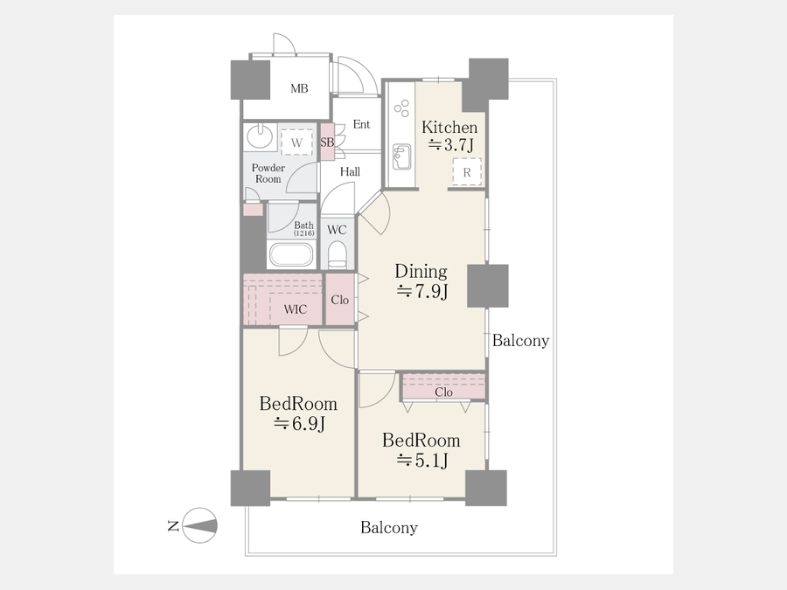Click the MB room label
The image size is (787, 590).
click(x=299, y=89)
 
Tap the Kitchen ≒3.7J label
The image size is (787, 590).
click(x=449, y=136)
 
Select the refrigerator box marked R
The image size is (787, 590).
click(x=467, y=172)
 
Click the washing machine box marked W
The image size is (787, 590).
click(x=296, y=142)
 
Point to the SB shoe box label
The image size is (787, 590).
click(x=327, y=142)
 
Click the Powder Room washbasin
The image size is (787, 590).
click(x=260, y=136)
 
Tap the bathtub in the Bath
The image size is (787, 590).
click(x=291, y=254)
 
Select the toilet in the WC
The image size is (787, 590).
click(x=338, y=254)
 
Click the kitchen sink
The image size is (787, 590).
click(x=401, y=157)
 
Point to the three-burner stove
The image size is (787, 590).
click(x=402, y=108)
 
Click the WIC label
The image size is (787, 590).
click(x=296, y=309)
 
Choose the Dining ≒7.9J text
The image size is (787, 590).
click(x=421, y=281)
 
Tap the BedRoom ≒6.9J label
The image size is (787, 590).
click(x=298, y=413)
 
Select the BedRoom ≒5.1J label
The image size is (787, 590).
click(x=421, y=450)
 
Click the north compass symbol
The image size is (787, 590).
click(x=199, y=526)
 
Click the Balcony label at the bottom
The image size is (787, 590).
click(x=389, y=528)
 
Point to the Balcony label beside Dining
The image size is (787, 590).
click(x=520, y=341)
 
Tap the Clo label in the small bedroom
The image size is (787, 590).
click(x=443, y=392)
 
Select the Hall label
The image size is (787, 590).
click(x=350, y=171)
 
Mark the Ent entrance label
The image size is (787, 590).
click(x=361, y=124)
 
